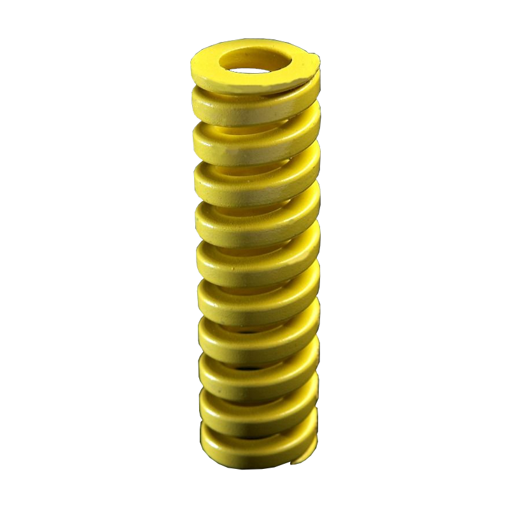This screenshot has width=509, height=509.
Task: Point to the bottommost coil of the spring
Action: point(254,439)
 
